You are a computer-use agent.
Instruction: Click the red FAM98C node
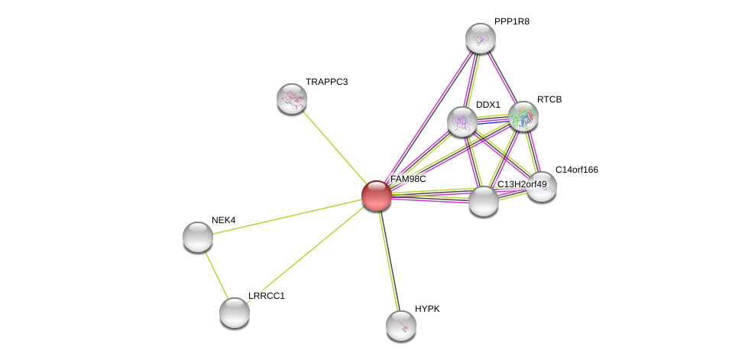click(x=377, y=196)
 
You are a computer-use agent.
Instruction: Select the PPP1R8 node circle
click(x=481, y=38)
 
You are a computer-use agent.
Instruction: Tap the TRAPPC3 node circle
click(x=292, y=99)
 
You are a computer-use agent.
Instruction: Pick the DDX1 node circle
click(x=462, y=122)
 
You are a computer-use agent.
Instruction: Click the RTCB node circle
click(x=523, y=116)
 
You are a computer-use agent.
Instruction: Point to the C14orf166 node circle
click(x=542, y=186)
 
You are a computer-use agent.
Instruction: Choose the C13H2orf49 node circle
click(x=484, y=201)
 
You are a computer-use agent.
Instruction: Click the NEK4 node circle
click(x=198, y=237)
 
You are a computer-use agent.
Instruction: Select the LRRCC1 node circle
click(x=235, y=312)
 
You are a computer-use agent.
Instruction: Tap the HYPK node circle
click(x=401, y=326)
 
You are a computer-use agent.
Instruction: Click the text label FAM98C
click(x=408, y=179)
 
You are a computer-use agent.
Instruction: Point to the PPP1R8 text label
click(x=511, y=21)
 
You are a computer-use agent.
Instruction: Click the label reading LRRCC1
click(x=266, y=296)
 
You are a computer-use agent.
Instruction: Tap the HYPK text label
click(x=427, y=309)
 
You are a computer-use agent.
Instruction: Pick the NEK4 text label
click(x=223, y=220)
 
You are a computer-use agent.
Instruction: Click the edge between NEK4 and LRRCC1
click(x=216, y=274)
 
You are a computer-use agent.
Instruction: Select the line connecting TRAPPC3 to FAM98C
click(x=334, y=147)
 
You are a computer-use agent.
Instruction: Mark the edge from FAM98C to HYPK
click(x=389, y=261)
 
